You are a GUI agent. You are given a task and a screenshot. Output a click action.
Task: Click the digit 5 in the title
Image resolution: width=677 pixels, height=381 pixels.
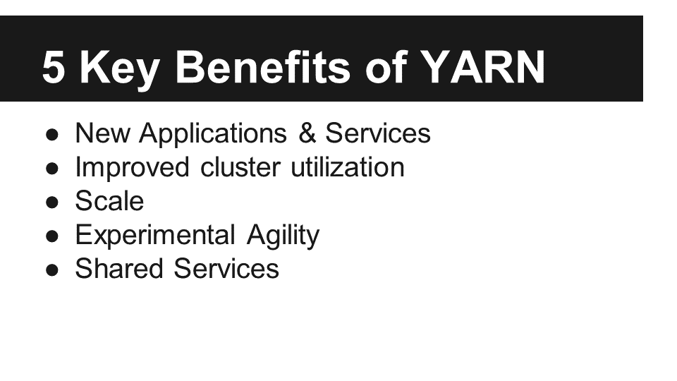click(54, 68)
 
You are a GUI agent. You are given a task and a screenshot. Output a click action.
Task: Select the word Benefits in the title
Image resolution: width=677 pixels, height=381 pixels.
click(262, 67)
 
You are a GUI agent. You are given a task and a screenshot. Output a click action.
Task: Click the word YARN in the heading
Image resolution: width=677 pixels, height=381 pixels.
click(482, 68)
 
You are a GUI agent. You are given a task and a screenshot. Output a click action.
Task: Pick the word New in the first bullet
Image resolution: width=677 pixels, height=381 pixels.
click(102, 133)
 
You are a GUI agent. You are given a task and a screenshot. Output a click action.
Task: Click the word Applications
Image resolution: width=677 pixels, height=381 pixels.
click(213, 134)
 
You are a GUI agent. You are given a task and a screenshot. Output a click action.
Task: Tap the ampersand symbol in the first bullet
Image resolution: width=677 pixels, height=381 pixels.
click(307, 133)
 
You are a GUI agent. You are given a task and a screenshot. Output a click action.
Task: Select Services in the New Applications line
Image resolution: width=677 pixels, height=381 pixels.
click(378, 133)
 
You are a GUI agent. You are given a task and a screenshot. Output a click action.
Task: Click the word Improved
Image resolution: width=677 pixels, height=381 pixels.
click(133, 168)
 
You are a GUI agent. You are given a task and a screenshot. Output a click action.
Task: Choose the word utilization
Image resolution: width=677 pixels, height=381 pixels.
click(348, 167)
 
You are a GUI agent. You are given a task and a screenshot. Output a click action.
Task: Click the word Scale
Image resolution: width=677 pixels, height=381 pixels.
click(110, 201)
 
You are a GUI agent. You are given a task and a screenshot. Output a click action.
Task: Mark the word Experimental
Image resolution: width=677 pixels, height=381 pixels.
click(155, 235)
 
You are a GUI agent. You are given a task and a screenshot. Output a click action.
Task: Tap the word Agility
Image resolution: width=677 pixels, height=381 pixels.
click(283, 236)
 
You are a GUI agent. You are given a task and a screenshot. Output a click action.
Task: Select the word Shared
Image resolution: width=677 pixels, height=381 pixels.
click(119, 269)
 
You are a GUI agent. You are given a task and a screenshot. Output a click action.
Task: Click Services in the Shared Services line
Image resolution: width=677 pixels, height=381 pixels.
click(226, 269)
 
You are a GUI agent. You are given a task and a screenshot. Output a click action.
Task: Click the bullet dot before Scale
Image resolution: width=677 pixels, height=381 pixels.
click(51, 202)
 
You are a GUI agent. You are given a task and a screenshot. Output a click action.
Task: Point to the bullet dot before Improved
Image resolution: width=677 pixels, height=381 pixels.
click(51, 168)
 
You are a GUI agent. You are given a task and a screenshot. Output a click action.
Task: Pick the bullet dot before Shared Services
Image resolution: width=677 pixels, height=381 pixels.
click(51, 270)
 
